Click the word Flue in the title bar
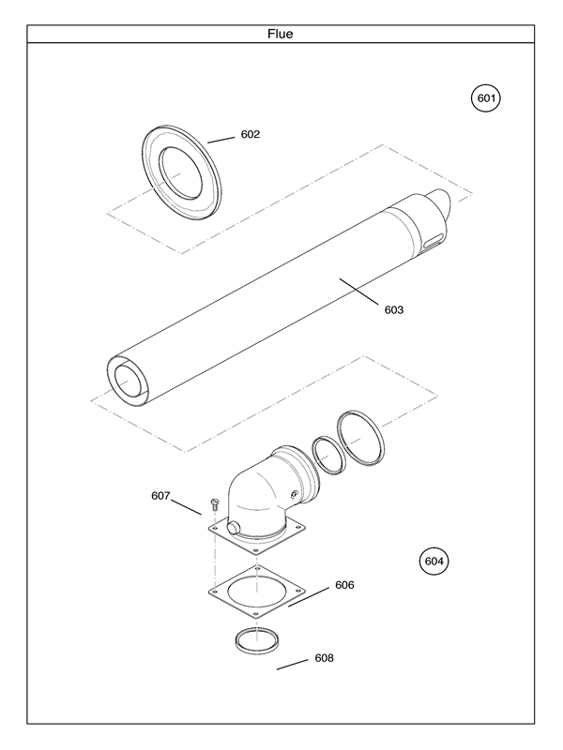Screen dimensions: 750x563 281,34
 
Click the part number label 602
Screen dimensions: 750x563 250,134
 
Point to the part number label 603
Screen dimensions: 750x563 394,309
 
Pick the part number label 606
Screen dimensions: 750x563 344,584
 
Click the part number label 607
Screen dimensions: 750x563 160,496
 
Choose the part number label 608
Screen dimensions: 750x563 324,657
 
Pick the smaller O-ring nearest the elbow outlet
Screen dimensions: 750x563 326,454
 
